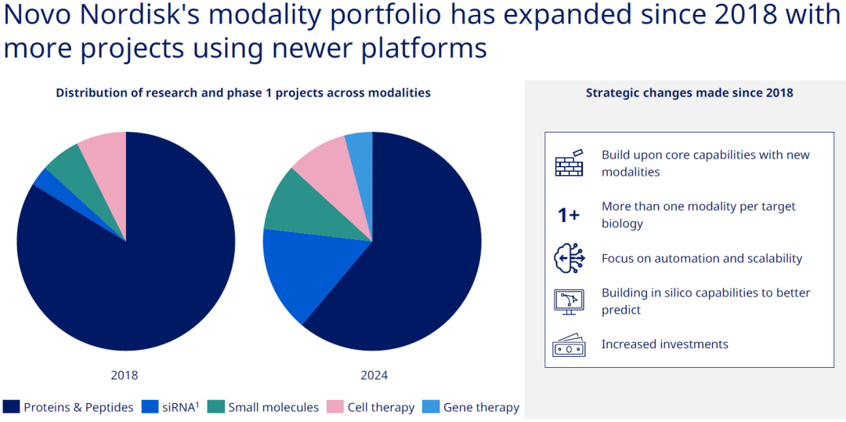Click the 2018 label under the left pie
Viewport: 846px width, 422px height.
(125, 375)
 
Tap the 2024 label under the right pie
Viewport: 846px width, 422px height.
(374, 375)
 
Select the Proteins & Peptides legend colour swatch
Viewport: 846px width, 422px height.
(11, 407)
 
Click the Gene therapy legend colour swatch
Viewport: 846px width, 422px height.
(431, 407)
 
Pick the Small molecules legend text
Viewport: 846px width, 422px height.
(273, 407)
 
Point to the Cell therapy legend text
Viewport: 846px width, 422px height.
(381, 407)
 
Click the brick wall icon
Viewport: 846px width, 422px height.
(569, 163)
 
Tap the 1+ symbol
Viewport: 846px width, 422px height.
(568, 215)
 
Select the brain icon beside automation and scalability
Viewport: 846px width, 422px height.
(569, 259)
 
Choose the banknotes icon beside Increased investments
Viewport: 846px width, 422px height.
(569, 345)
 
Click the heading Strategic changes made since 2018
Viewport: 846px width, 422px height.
(689, 93)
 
